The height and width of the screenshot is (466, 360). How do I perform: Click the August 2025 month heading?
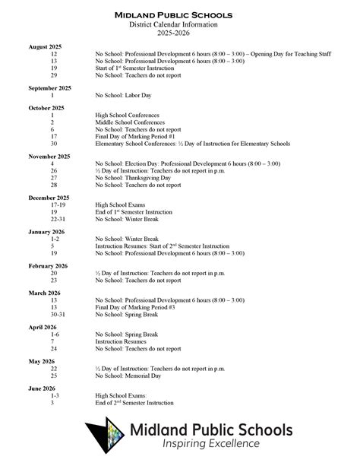click(x=45, y=47)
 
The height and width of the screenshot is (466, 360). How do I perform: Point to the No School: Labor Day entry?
click(x=121, y=95)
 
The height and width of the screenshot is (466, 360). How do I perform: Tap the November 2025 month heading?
click(x=49, y=156)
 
